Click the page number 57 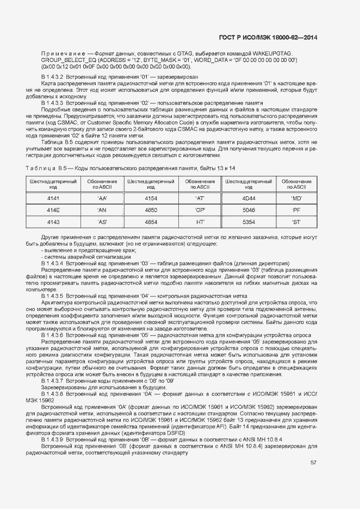[314, 463]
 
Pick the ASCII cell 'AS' [102, 222]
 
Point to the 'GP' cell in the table [200, 210]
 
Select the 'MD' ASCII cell [296, 198]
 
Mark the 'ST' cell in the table [296, 222]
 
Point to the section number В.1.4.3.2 [53, 77]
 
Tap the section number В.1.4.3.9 [53, 423]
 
